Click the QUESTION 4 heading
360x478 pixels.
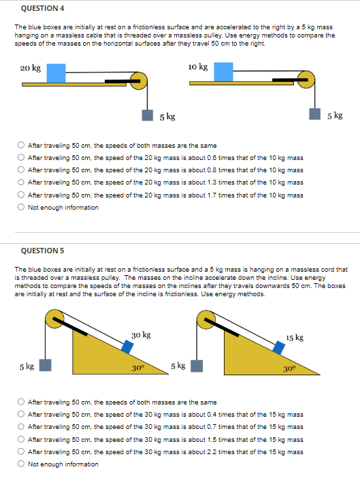point(43,8)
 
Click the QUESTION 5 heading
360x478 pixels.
point(43,251)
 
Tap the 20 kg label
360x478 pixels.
point(30,68)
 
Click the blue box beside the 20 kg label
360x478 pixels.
point(56,72)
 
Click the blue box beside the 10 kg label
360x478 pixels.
point(223,71)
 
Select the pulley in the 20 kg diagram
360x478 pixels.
point(140,81)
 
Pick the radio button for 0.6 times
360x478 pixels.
point(22,157)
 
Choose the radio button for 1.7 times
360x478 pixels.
point(22,195)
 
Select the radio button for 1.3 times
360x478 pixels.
point(22,182)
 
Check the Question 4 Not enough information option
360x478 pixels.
point(22,207)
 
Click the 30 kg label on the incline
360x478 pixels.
point(142,335)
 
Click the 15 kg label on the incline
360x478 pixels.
point(295,338)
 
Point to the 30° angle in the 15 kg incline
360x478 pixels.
point(289,368)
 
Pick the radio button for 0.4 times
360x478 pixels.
point(22,414)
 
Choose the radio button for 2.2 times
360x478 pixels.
point(22,451)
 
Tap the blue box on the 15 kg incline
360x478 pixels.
point(278,348)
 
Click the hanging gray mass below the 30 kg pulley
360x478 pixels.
point(45,366)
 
